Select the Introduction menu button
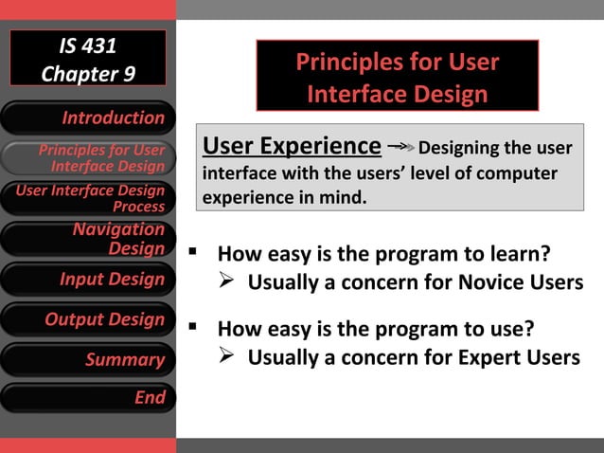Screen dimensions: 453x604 (x=88, y=118)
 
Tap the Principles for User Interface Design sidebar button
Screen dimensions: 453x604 (x=88, y=158)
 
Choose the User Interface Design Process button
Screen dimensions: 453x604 (x=88, y=198)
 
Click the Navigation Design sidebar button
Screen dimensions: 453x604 (x=88, y=239)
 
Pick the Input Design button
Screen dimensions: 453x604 (x=88, y=280)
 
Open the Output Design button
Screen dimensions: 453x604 (x=88, y=319)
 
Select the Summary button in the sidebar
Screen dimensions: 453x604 (x=88, y=359)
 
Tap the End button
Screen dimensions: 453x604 (x=88, y=398)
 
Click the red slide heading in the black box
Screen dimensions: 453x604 (x=397, y=78)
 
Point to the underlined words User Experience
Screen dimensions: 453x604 (x=292, y=146)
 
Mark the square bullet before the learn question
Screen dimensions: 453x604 (x=192, y=253)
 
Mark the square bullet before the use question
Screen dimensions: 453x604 (x=192, y=328)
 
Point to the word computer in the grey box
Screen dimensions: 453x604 (x=519, y=174)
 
